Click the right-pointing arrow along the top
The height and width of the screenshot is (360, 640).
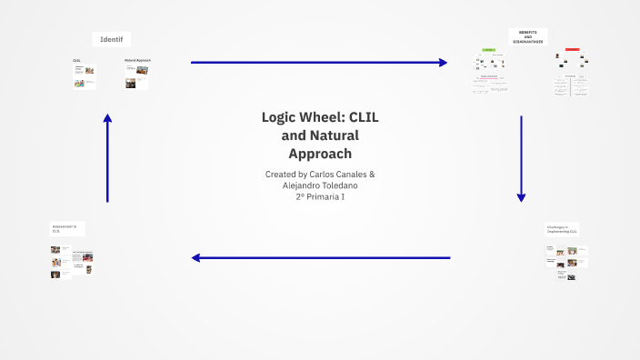pyautogui.click(x=318, y=63)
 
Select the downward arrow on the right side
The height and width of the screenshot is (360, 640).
pyautogui.click(x=521, y=158)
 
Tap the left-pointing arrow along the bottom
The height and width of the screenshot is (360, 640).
pyautogui.click(x=320, y=257)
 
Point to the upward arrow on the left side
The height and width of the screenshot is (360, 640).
pyautogui.click(x=107, y=158)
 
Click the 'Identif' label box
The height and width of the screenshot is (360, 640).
pyautogui.click(x=112, y=39)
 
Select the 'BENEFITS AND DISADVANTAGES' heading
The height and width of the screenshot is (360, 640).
pyautogui.click(x=527, y=36)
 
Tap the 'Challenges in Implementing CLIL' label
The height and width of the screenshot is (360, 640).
pyautogui.click(x=562, y=229)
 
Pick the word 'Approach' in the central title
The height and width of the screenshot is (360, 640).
pyautogui.click(x=319, y=153)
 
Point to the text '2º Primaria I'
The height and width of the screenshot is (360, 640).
pyautogui.click(x=320, y=197)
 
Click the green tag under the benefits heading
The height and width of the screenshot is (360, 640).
pyautogui.click(x=488, y=50)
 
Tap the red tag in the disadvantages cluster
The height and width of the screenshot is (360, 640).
pyautogui.click(x=572, y=49)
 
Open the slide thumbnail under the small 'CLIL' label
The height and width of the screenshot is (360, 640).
pyautogui.click(x=85, y=77)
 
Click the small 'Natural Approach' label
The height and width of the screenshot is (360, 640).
pyautogui.click(x=137, y=60)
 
